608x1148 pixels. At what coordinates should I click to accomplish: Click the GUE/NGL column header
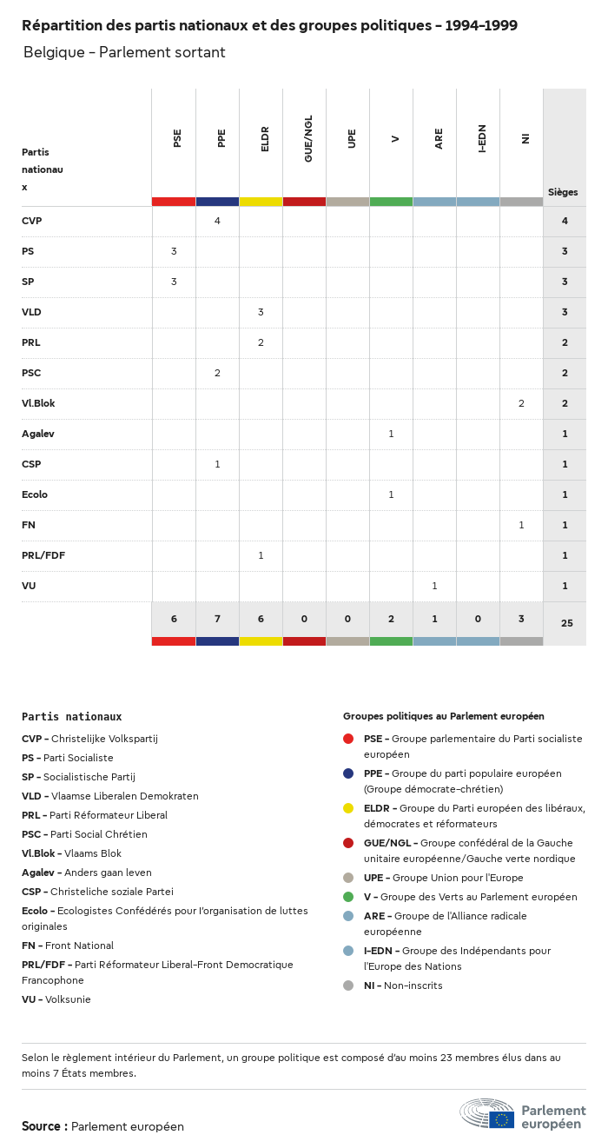[308, 138]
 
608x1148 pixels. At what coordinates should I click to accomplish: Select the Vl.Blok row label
[38, 403]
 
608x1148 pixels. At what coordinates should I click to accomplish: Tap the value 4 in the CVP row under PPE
[217, 221]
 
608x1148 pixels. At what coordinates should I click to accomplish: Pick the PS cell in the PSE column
[174, 251]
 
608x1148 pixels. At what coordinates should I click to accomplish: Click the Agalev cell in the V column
[391, 434]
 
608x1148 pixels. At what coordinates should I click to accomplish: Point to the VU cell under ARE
[434, 586]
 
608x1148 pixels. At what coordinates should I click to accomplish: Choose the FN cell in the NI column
[521, 525]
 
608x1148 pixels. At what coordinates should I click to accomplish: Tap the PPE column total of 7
[217, 619]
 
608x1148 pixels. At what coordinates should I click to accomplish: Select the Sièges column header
[563, 192]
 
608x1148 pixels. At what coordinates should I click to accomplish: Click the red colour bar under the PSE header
[174, 202]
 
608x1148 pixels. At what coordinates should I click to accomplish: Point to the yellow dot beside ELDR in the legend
[348, 808]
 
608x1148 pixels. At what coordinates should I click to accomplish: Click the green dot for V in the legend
[348, 897]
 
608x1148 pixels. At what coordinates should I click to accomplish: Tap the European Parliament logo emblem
[487, 1113]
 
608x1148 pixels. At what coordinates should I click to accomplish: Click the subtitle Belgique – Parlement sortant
[124, 53]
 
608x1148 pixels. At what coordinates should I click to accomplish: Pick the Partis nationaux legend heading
[72, 717]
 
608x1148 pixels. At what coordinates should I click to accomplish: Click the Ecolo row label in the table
[35, 494]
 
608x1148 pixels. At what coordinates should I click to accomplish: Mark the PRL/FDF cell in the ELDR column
[261, 555]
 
